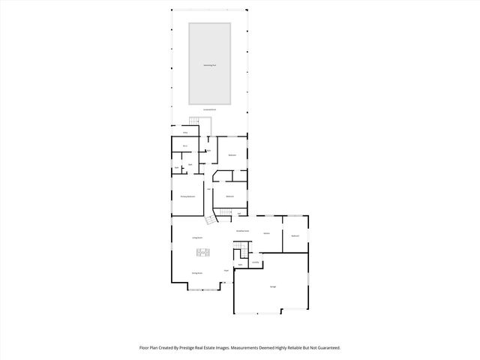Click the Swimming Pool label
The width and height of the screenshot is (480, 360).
209,65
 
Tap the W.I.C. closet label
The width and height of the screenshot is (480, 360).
184,145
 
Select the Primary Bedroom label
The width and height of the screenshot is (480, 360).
188,196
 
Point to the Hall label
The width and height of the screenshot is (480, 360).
208,189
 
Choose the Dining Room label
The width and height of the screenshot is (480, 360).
197,273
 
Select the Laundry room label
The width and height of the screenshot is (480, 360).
255,262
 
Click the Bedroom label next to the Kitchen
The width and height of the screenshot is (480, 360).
295,235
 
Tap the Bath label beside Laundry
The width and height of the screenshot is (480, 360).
240,265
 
